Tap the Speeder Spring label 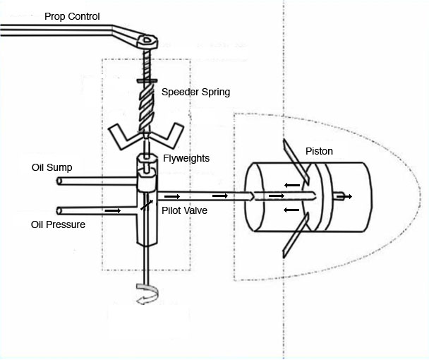coord(195,92)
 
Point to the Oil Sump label coord(52,168)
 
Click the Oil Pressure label coord(58,224)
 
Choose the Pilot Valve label coord(185,210)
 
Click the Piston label coord(319,151)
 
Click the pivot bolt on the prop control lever coord(147,40)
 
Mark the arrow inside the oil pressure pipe coord(112,210)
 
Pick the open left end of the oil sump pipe coord(59,181)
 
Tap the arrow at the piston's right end coord(345,196)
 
